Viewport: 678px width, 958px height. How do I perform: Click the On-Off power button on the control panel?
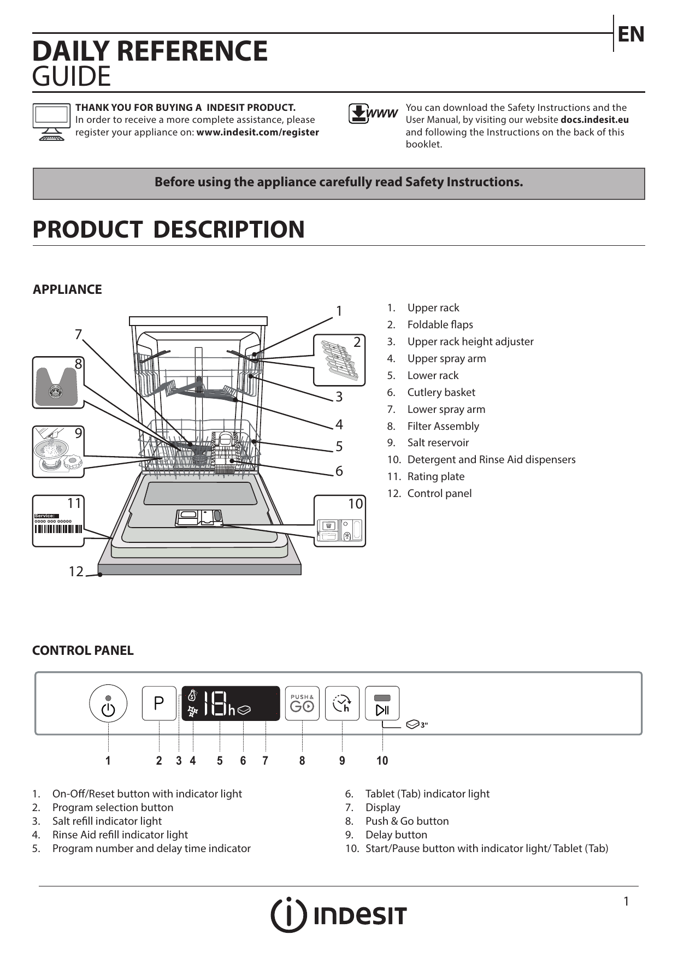point(108,703)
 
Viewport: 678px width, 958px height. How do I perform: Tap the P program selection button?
point(159,703)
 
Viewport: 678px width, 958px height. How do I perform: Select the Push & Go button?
point(302,703)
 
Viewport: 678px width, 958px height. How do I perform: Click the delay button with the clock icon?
point(342,703)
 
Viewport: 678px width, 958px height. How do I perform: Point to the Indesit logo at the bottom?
point(339,915)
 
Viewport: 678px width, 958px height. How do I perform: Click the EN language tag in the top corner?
point(631,34)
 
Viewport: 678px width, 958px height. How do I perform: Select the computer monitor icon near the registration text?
point(51,121)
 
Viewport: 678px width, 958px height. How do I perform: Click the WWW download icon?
point(373,114)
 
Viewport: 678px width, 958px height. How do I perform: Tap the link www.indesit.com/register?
point(258,132)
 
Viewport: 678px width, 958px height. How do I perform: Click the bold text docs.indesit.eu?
point(594,120)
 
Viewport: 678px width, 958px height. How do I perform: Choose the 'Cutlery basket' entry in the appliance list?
point(441,392)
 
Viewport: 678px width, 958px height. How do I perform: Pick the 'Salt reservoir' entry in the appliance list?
point(438,442)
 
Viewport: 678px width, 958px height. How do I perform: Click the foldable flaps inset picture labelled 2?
point(339,360)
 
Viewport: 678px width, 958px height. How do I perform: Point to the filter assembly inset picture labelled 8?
point(58,382)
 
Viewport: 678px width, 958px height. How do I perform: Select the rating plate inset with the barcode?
point(58,521)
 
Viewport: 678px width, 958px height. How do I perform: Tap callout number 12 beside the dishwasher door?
point(76,572)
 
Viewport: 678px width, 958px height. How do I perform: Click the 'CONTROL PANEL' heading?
point(83,651)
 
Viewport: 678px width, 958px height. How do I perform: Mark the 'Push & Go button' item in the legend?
point(407,821)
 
